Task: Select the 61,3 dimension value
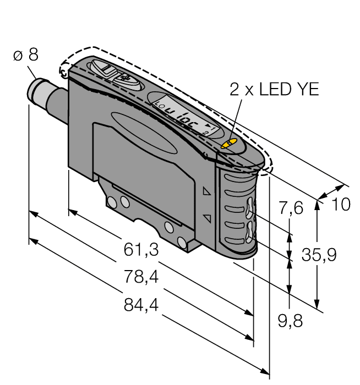pos(141,250)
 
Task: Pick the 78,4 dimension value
pos(141,278)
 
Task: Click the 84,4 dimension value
pos(141,305)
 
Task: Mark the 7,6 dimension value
pos(291,208)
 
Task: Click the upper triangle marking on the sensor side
pos(207,192)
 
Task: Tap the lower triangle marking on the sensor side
pos(207,218)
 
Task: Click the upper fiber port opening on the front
pos(250,208)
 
